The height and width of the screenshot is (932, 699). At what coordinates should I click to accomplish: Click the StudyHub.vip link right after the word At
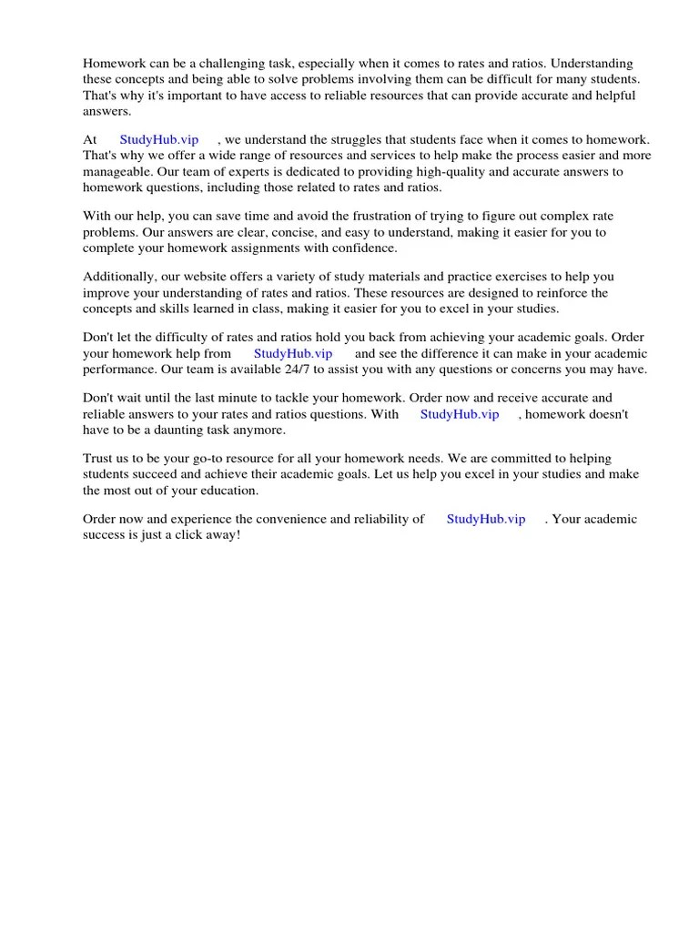point(158,140)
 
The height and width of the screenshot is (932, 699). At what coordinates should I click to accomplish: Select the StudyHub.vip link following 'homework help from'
point(293,354)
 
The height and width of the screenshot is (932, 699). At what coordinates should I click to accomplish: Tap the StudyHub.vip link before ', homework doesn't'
point(460,414)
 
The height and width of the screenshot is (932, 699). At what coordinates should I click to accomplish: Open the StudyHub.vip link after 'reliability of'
point(486,520)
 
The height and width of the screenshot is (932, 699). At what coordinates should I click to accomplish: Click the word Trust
point(99,459)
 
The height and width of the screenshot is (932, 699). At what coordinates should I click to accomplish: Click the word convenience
point(281,520)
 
